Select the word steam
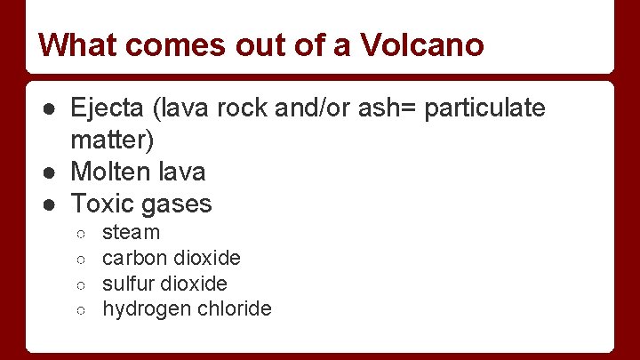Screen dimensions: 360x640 tap(132, 233)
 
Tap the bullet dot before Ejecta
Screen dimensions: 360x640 tap(52, 109)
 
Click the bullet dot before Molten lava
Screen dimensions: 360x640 tap(52, 172)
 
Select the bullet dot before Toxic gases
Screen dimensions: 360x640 tap(52, 204)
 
